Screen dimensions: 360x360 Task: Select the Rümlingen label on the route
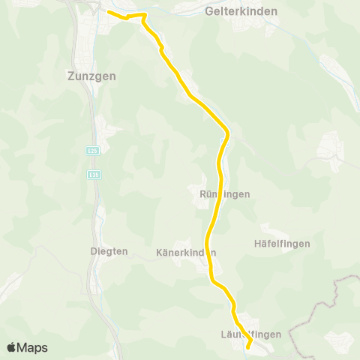click(x=225, y=193)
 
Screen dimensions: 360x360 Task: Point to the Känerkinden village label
click(x=186, y=252)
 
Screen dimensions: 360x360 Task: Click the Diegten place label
click(x=109, y=251)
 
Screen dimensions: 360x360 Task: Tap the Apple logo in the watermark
click(x=12, y=347)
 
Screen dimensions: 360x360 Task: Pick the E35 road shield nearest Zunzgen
click(x=92, y=149)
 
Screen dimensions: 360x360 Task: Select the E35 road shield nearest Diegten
click(x=93, y=175)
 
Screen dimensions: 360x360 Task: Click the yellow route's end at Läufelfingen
click(x=248, y=347)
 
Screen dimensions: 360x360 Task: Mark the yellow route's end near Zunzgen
click(x=109, y=12)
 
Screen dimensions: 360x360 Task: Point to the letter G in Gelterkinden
click(x=208, y=12)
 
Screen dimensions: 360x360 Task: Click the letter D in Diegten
click(x=93, y=251)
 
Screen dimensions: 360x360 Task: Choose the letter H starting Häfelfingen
click(x=258, y=244)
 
